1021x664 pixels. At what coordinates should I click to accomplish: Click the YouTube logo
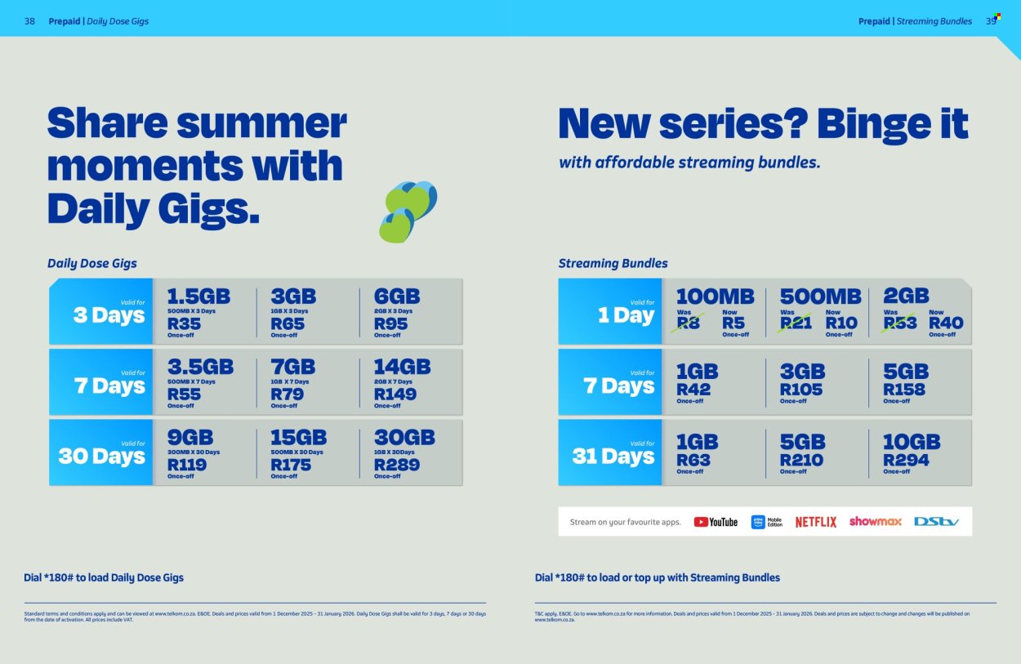(x=716, y=522)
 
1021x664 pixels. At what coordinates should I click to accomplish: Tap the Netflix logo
(x=815, y=522)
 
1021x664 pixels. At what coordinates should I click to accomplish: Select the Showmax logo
(x=875, y=521)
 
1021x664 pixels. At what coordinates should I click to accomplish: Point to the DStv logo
(x=936, y=521)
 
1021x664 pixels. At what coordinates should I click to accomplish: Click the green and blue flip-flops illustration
(x=408, y=212)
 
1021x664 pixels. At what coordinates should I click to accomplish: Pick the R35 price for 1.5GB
(x=184, y=323)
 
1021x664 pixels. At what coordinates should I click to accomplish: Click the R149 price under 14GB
(x=395, y=394)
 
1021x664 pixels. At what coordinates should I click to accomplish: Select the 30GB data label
(x=404, y=437)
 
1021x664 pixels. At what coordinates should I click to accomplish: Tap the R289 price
(x=397, y=465)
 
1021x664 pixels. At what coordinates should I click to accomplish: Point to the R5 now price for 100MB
(x=733, y=323)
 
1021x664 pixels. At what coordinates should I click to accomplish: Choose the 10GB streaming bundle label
(x=912, y=442)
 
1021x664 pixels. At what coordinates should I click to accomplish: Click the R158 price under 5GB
(x=904, y=390)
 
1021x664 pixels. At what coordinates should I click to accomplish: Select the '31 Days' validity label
(x=613, y=456)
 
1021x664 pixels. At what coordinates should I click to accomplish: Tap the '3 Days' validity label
(x=109, y=315)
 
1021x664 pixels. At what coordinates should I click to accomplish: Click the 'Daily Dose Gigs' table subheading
(x=92, y=263)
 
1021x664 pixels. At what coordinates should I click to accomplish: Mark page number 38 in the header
(x=29, y=21)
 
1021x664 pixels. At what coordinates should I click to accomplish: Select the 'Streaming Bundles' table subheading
(x=613, y=263)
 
